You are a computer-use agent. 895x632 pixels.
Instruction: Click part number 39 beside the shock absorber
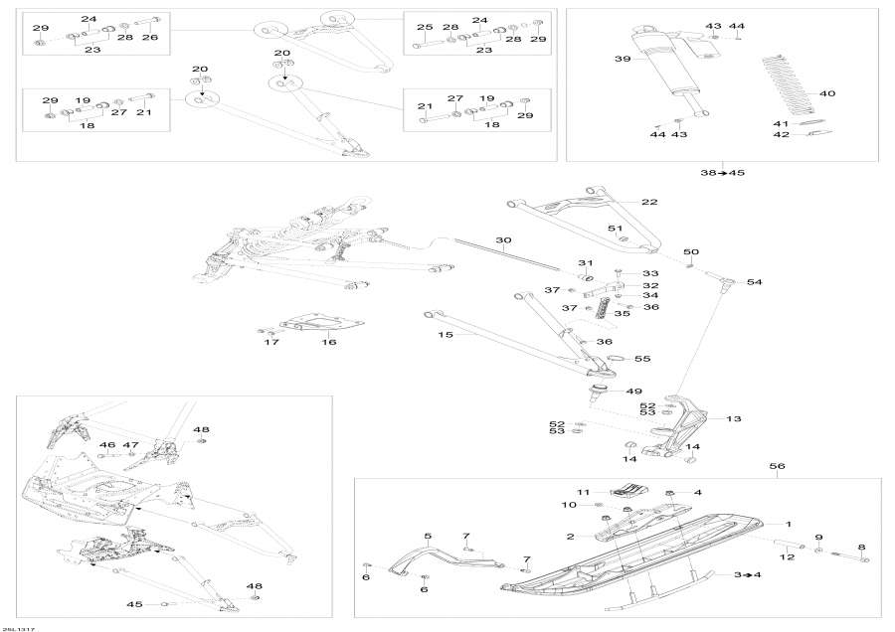pyautogui.click(x=623, y=59)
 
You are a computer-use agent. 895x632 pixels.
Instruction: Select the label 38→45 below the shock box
pyautogui.click(x=723, y=173)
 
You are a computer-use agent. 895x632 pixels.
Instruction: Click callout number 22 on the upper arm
pyautogui.click(x=649, y=202)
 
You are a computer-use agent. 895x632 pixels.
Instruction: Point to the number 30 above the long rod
pyautogui.click(x=503, y=240)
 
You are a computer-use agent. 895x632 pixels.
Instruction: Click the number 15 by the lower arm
pyautogui.click(x=445, y=335)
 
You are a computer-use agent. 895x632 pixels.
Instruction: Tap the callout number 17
pyautogui.click(x=271, y=343)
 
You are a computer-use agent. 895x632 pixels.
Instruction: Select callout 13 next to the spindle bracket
pyautogui.click(x=734, y=418)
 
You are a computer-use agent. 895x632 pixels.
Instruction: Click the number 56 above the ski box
pyautogui.click(x=778, y=465)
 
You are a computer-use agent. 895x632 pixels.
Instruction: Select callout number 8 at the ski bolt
pyautogui.click(x=861, y=547)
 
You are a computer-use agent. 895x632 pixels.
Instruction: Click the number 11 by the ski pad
pyautogui.click(x=585, y=491)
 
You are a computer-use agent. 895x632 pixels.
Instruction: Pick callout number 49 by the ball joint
pyautogui.click(x=633, y=392)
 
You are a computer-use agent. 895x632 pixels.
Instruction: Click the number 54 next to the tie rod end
pyautogui.click(x=754, y=282)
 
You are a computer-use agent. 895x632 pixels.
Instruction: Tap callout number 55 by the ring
pyautogui.click(x=642, y=358)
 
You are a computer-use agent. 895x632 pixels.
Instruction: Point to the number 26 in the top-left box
pyautogui.click(x=149, y=37)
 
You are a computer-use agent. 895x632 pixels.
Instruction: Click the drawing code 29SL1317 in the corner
pyautogui.click(x=15, y=627)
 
